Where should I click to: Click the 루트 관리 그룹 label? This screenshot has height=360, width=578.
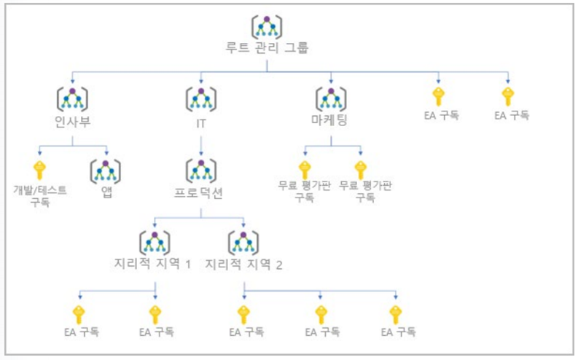tap(267, 49)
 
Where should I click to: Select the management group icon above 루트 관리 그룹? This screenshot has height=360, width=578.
tap(267, 26)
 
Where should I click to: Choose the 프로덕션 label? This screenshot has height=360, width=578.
tap(201, 195)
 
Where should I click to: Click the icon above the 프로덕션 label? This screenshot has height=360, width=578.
tap(201, 171)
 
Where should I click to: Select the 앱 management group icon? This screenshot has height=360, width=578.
tap(105, 171)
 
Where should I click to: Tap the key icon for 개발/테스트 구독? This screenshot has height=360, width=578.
tap(39, 169)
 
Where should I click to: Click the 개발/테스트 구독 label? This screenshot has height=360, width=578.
tap(39, 195)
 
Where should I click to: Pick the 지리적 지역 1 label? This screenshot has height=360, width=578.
tap(155, 263)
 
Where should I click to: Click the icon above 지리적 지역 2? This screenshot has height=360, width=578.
tap(243, 241)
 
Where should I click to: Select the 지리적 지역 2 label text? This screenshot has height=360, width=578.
tap(243, 263)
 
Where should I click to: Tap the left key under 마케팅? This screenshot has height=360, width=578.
tap(304, 169)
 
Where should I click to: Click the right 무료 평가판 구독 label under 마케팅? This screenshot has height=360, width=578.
tap(360, 191)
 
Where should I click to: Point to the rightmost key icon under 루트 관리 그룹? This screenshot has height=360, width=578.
tap(508, 95)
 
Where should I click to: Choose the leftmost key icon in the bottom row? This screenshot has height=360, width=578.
tap(79, 314)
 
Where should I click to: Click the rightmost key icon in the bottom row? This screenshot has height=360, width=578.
tap(396, 314)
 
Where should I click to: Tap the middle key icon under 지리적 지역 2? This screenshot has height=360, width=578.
tap(320, 314)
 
